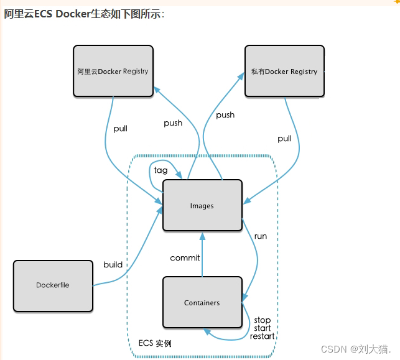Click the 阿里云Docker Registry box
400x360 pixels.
(113, 71)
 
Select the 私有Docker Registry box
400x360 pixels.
(284, 71)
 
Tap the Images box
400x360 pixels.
(203, 206)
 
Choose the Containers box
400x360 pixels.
(203, 302)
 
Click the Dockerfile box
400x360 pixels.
(53, 286)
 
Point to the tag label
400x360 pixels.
(160, 170)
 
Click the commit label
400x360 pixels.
(185, 258)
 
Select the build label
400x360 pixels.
(113, 265)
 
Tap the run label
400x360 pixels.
(261, 236)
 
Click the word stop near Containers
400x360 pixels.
(263, 320)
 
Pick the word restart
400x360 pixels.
(263, 336)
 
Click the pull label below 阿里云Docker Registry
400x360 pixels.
(121, 129)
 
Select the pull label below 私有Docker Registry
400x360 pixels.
(284, 139)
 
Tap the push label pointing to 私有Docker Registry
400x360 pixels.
(225, 115)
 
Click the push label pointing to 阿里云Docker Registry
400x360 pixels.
(173, 123)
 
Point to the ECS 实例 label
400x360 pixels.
(155, 343)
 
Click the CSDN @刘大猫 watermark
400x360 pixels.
(356, 349)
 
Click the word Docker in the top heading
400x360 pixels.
(73, 14)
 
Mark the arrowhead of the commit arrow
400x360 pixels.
(202, 236)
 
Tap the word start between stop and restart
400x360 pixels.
(263, 328)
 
